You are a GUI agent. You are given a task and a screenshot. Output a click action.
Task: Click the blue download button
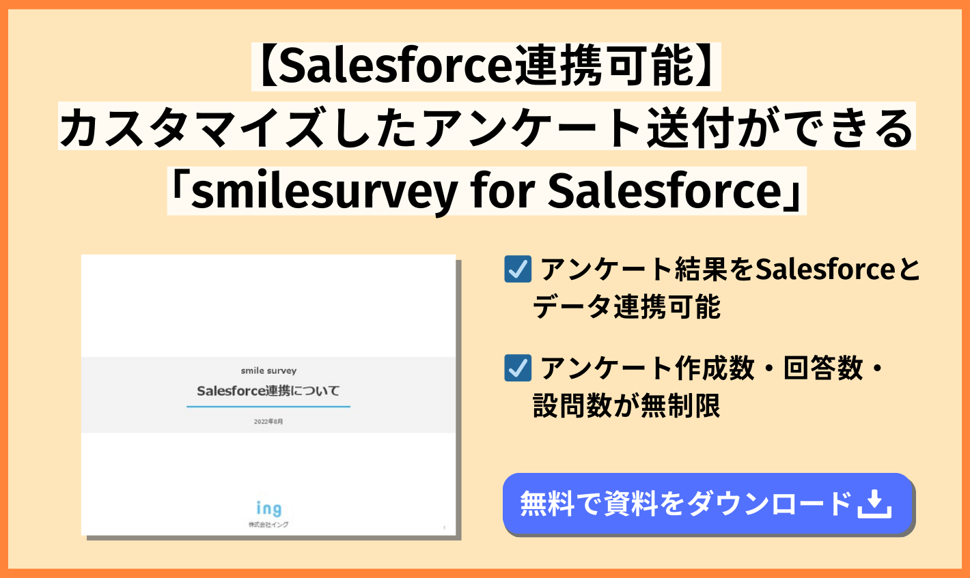[708, 504]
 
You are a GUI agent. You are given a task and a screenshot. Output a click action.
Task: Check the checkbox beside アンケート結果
[518, 269]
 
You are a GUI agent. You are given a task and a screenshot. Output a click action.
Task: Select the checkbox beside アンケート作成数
[518, 368]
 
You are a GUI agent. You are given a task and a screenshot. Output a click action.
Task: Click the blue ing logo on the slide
[269, 508]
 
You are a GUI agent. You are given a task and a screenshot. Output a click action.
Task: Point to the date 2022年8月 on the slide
[268, 421]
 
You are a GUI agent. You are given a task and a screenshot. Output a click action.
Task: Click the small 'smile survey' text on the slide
[268, 371]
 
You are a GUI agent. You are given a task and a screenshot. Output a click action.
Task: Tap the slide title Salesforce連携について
[268, 390]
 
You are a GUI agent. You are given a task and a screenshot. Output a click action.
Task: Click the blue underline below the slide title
[268, 407]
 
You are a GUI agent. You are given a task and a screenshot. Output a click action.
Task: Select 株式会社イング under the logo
[268, 525]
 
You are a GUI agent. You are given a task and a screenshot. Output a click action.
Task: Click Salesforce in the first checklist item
[825, 269]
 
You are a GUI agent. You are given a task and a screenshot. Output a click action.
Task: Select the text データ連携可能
[626, 306]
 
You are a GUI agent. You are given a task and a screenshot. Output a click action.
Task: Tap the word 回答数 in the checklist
[823, 368]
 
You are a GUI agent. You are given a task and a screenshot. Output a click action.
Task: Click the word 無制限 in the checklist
[680, 405]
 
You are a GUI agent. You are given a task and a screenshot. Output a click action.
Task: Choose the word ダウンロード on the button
[769, 504]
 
